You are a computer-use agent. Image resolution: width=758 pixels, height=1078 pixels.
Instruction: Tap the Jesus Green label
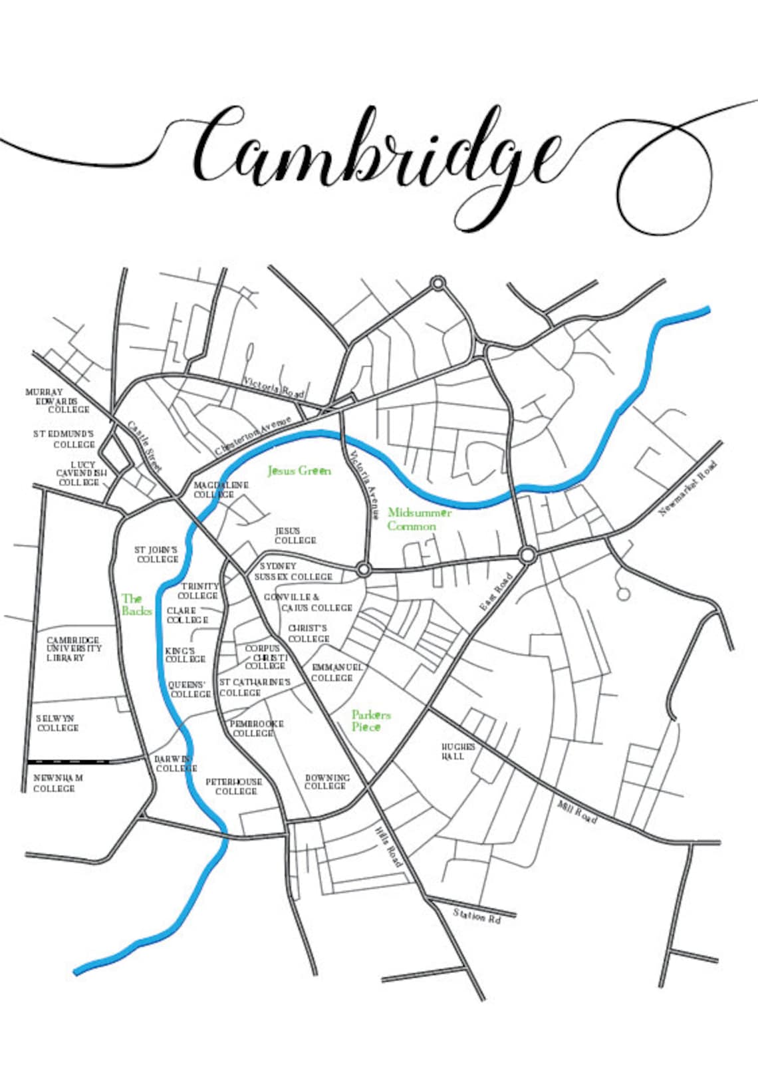coord(299,471)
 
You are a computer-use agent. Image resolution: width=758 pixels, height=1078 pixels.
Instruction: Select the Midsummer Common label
coord(419,519)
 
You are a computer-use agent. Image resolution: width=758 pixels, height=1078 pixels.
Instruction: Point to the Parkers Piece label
coord(371,721)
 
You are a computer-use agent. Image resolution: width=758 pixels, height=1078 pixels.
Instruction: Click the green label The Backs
coord(136,605)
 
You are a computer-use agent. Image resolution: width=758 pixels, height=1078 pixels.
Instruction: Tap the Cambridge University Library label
coord(74,648)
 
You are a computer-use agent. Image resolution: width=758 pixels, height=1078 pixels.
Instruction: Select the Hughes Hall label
coord(459,751)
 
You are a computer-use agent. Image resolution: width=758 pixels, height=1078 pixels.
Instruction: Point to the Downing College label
coord(326,781)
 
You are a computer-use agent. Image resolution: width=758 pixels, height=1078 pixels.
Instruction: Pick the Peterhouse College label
coord(233,786)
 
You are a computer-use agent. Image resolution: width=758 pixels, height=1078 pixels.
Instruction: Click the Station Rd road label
coord(476,916)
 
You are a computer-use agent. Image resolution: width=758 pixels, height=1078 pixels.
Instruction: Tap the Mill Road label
coord(576,813)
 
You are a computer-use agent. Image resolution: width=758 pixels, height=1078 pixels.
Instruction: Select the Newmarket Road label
coord(689,489)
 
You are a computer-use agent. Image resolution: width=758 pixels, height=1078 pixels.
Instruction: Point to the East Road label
coord(497,593)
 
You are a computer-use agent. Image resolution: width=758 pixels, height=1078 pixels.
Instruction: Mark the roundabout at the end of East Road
coord(527,554)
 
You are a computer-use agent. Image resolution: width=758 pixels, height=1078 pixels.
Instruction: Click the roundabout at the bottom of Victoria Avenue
coord(364,569)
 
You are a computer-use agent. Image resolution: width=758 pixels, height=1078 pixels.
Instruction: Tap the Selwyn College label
coord(57,723)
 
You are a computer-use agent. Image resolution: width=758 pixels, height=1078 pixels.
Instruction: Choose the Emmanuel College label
coord(336,672)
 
